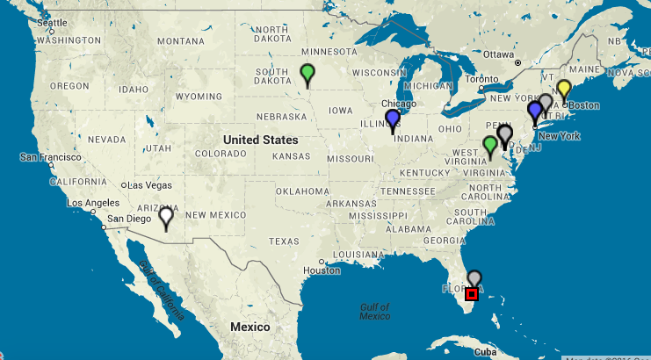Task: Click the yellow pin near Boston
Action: click(x=564, y=89)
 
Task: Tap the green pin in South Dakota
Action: click(x=307, y=73)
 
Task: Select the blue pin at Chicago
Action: click(x=393, y=119)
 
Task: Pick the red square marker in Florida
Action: click(x=472, y=295)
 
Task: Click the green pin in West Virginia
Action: click(x=490, y=145)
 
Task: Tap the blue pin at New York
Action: click(x=534, y=112)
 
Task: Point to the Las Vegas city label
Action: click(x=150, y=185)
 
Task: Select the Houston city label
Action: click(x=321, y=270)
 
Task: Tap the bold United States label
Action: click(x=261, y=140)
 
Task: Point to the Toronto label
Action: click(x=482, y=78)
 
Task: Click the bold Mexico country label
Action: click(x=250, y=327)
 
